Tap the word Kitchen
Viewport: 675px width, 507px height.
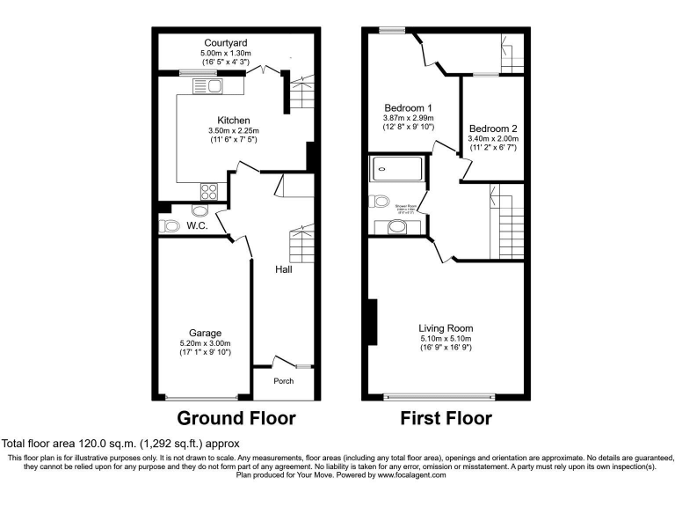pyautogui.click(x=234, y=121)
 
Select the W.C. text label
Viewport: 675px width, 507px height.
pyautogui.click(x=196, y=226)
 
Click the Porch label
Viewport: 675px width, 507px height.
pyautogui.click(x=283, y=381)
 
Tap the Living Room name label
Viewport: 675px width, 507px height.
pyautogui.click(x=446, y=328)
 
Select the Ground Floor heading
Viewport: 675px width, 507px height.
pyautogui.click(x=236, y=418)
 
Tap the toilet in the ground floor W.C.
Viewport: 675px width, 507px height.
pyautogui.click(x=169, y=226)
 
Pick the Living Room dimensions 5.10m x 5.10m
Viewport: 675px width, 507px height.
pyautogui.click(x=446, y=339)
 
